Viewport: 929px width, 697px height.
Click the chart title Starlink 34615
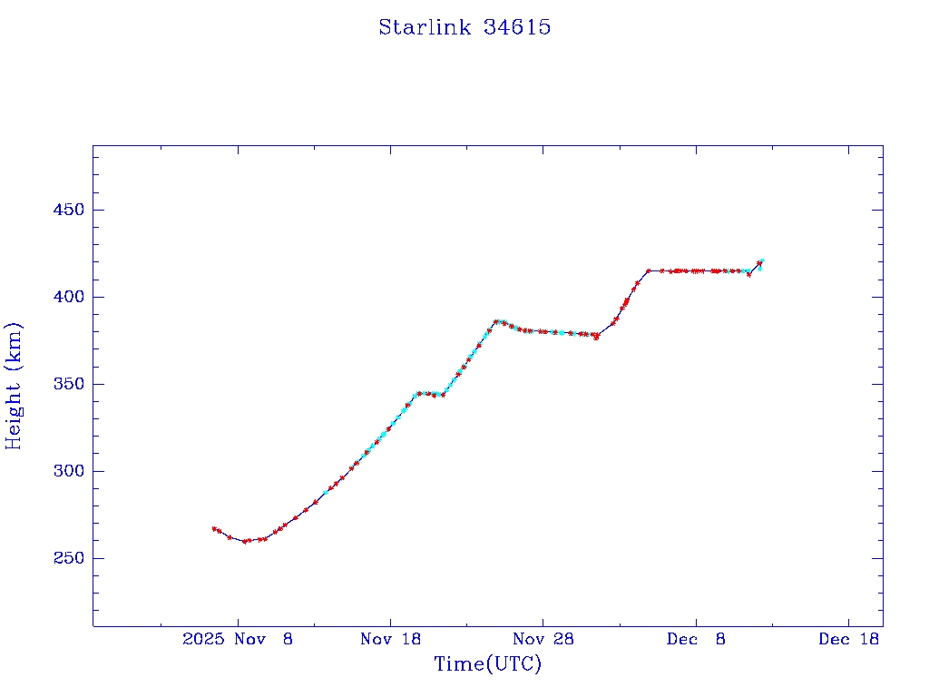point(464,27)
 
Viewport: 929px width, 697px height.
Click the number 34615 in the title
point(517,27)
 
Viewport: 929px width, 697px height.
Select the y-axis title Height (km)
point(15,386)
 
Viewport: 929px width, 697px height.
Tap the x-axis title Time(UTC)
point(487,664)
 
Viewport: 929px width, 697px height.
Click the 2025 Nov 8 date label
point(238,639)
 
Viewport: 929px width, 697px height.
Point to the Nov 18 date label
point(390,639)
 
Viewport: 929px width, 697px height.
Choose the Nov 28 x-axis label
point(543,639)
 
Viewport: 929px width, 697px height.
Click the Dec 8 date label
point(696,639)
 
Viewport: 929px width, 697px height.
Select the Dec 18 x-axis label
point(848,639)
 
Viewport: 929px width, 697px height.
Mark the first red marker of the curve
point(214,528)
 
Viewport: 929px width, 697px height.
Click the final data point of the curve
point(761,261)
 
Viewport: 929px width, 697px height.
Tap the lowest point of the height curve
point(245,541)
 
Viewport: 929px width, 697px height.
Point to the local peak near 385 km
point(495,321)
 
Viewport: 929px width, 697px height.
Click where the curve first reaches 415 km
point(649,270)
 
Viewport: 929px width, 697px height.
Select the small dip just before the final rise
point(748,274)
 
